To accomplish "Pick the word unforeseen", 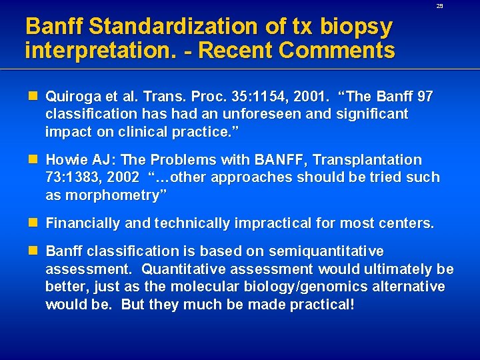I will point(233,114).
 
